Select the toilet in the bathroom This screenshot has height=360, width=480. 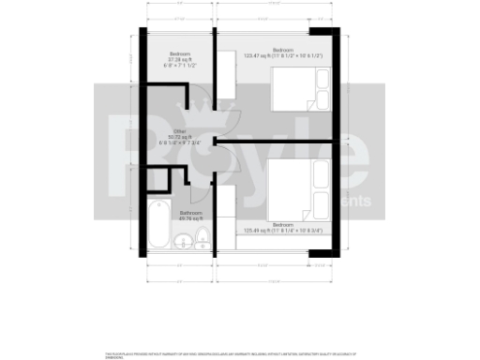pyautogui.click(x=201, y=244)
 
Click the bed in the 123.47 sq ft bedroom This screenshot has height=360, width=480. pyautogui.click(x=300, y=92)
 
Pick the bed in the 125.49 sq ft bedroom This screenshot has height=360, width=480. pyautogui.click(x=298, y=188)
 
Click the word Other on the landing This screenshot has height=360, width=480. pyautogui.click(x=179, y=130)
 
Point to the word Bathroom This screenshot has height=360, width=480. pyautogui.click(x=192, y=213)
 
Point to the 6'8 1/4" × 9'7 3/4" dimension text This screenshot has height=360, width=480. pyautogui.click(x=178, y=142)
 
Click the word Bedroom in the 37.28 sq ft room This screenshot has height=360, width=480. pyautogui.click(x=180, y=53)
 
